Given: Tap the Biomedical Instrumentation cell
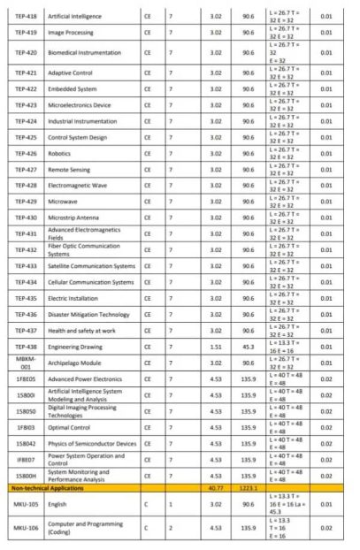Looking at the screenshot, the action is point(87,53).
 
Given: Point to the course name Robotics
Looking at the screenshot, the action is point(62,152).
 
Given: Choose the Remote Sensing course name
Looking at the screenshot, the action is point(71,168).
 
